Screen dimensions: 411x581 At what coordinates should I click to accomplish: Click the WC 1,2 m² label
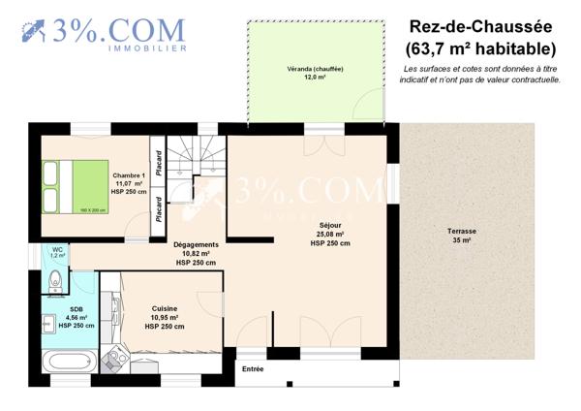click(x=57, y=252)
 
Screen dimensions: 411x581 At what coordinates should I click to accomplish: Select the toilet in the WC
click(x=55, y=282)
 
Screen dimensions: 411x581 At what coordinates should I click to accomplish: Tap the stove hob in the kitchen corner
click(x=115, y=358)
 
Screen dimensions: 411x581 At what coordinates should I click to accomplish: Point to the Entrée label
click(x=253, y=369)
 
